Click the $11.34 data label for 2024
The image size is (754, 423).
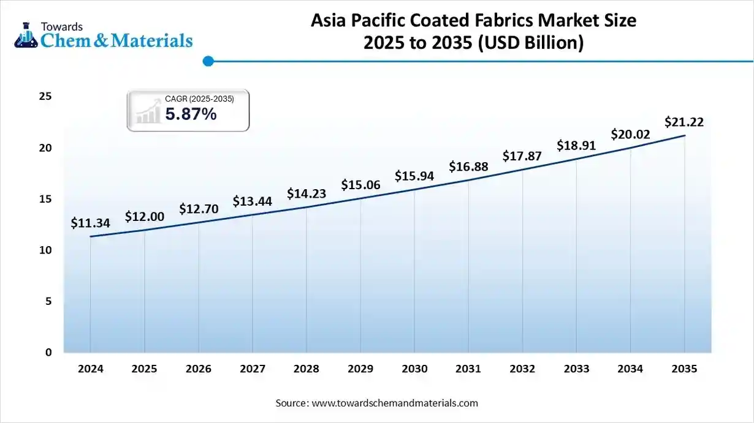tap(90, 223)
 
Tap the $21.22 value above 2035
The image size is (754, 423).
tap(684, 122)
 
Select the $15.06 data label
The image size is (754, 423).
tap(360, 185)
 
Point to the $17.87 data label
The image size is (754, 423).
tap(522, 156)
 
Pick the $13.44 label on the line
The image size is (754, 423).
tap(252, 201)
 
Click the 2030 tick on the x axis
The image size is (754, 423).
tap(414, 369)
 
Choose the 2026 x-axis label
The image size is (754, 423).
tap(198, 369)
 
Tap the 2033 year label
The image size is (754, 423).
tap(576, 369)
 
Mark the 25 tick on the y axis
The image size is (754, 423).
tap(45, 97)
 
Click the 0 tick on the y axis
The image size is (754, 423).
tap(48, 352)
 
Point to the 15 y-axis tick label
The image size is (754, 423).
tap(45, 199)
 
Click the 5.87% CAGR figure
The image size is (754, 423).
tap(191, 114)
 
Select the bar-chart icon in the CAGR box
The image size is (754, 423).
tap(147, 113)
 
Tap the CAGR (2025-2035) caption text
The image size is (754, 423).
tap(199, 99)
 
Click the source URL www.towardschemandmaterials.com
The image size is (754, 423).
tap(395, 403)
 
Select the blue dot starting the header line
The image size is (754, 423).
tap(208, 61)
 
